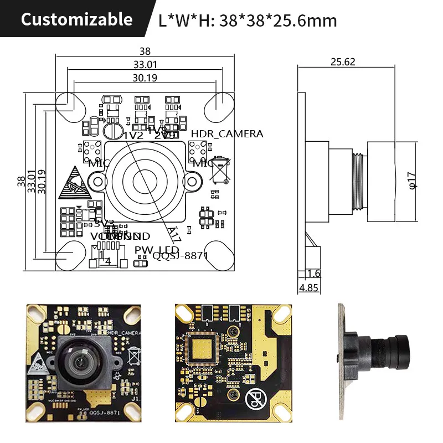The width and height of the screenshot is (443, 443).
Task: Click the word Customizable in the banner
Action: click(76, 20)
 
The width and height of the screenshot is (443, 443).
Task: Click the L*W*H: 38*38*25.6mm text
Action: click(248, 21)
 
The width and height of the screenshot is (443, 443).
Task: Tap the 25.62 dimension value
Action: click(343, 62)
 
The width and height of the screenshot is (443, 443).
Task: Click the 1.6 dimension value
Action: click(313, 274)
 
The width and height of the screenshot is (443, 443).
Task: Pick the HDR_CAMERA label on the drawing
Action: click(227, 134)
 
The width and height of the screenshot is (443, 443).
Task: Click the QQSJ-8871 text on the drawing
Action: click(180, 255)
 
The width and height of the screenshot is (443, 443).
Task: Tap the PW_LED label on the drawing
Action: click(157, 250)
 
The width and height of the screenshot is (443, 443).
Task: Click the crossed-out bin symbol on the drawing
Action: click(220, 169)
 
